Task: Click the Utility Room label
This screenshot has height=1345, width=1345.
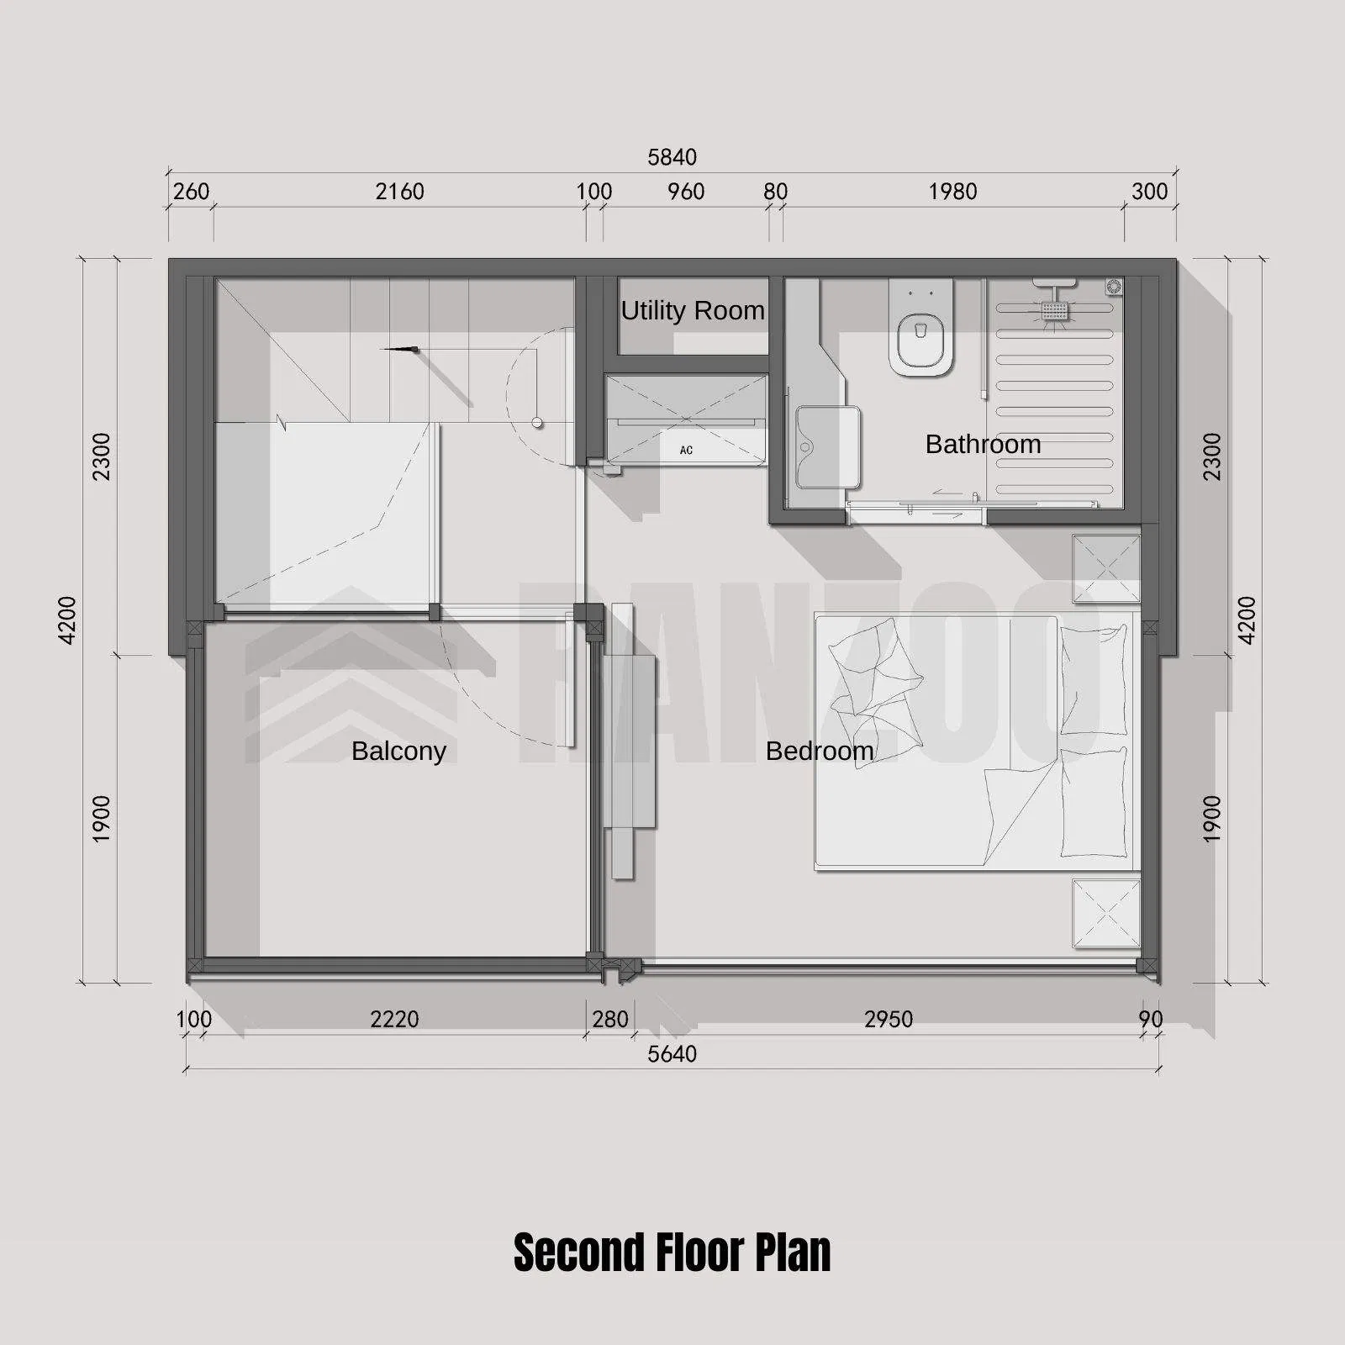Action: coord(692,311)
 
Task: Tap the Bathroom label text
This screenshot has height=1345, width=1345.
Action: coord(983,444)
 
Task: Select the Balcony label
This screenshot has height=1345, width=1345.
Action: coord(398,751)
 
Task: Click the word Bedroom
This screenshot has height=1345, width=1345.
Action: coord(820,751)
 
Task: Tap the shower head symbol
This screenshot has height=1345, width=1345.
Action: coord(1055,309)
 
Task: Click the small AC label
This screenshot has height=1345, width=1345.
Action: coord(686,451)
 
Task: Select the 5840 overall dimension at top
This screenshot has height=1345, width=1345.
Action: coord(672,157)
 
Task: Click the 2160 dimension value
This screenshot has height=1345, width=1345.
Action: coord(399,192)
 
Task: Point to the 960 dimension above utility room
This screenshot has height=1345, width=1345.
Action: coord(686,192)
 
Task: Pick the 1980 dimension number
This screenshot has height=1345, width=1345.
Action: coord(952,192)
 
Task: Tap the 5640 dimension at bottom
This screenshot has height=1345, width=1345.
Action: coord(672,1054)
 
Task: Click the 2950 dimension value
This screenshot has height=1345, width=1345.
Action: coord(888,1020)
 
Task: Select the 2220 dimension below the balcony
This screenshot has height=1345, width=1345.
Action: coord(394,1020)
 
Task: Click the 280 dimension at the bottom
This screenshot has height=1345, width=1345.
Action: coord(609,1020)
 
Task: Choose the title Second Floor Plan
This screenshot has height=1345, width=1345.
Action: coord(672,1253)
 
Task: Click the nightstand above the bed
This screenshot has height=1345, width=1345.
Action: coord(1106,568)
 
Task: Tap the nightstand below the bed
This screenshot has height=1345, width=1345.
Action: coord(1106,913)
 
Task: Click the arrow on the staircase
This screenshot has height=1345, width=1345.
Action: coord(401,348)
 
